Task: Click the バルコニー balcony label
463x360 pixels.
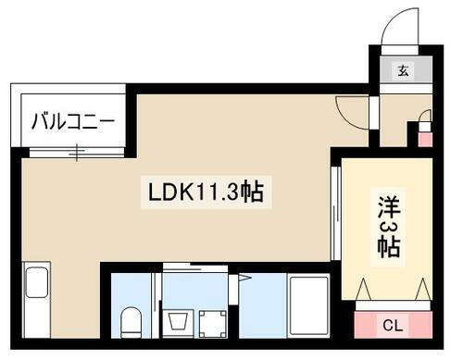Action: coord(71,121)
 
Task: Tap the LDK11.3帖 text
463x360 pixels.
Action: coord(206,192)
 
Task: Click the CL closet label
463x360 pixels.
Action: coord(392,324)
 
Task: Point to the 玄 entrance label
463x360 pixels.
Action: coord(404,69)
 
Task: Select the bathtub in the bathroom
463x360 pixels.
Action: coord(307,305)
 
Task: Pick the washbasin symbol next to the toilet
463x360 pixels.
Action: coord(178,323)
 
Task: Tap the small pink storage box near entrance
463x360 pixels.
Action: coord(425,140)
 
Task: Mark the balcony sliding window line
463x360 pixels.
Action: coord(71,148)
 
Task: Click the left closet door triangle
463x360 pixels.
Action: coord(369,290)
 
